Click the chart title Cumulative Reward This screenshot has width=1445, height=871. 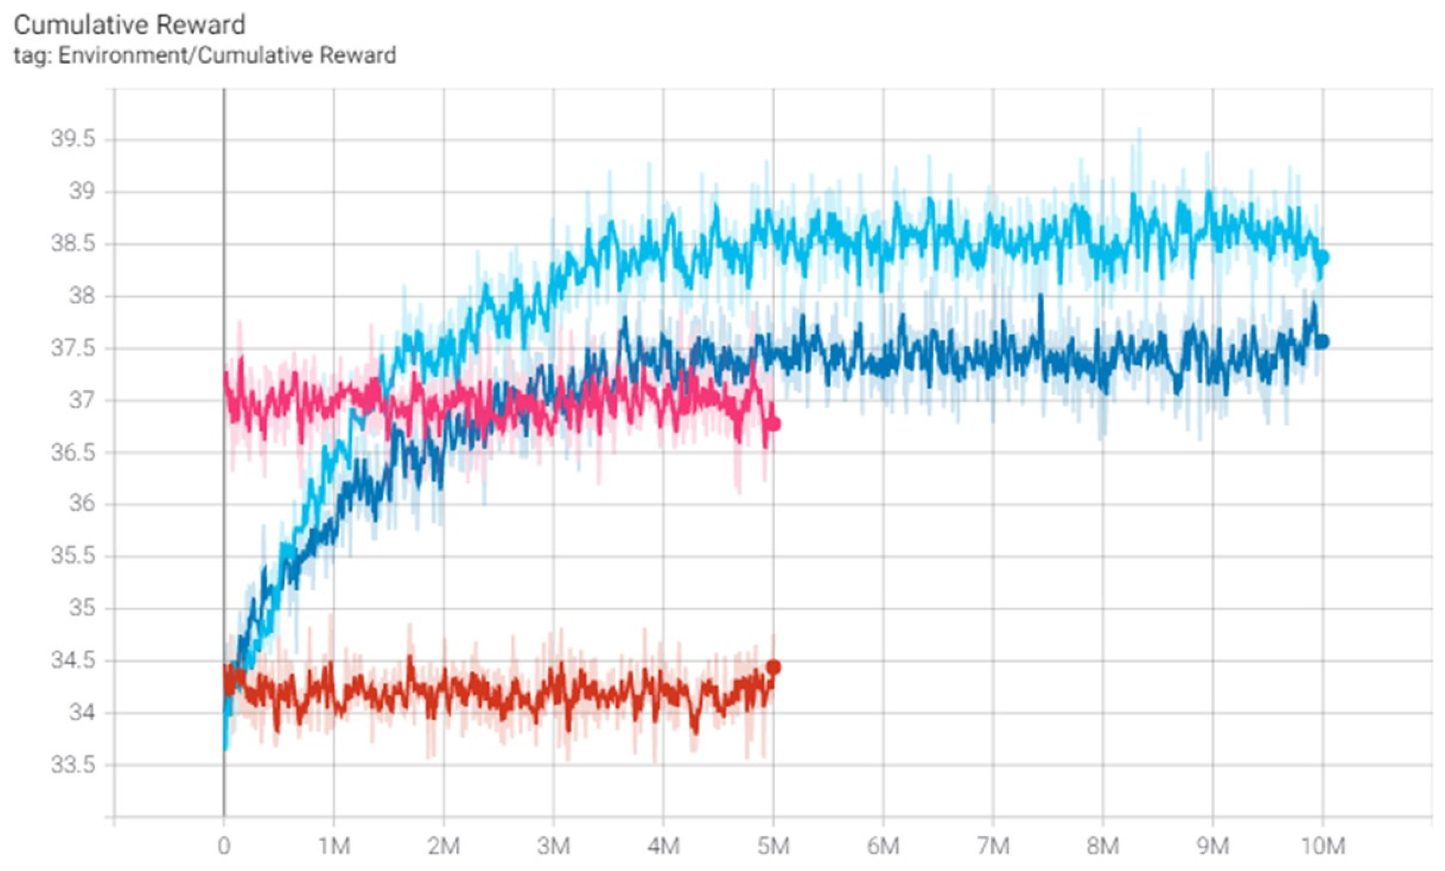point(129,25)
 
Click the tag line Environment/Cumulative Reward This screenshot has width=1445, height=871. point(205,55)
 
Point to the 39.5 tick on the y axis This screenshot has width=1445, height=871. point(73,139)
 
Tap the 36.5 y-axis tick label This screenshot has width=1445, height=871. point(73,453)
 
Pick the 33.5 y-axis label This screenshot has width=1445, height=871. point(73,765)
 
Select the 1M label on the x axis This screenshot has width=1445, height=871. point(334,846)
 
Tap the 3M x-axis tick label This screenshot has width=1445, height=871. point(554,846)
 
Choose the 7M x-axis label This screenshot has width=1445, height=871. point(993,846)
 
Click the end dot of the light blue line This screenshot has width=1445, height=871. point(1322,258)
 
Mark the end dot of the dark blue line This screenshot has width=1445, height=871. point(1322,342)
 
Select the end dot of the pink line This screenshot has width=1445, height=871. point(774,424)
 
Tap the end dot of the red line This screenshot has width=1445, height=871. point(774,667)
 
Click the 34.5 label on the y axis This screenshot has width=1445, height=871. point(73,661)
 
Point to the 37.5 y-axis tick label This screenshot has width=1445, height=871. point(73,348)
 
